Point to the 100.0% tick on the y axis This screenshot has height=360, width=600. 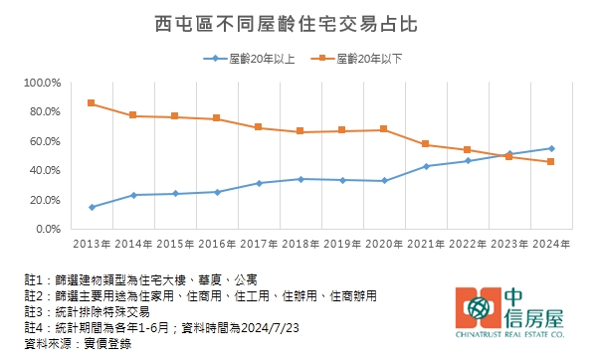(x=43, y=83)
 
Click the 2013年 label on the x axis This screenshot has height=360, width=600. (x=92, y=244)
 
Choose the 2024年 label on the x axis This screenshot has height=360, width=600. (x=551, y=244)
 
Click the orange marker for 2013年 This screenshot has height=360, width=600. (x=92, y=103)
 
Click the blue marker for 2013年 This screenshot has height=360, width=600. (x=92, y=207)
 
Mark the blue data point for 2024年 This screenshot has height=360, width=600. (x=551, y=148)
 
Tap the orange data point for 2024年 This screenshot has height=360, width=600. (x=551, y=161)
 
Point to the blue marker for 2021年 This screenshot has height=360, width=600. (x=426, y=166)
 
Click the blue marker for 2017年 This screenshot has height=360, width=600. (x=259, y=183)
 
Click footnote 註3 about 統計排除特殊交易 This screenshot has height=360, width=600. (x=86, y=311)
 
